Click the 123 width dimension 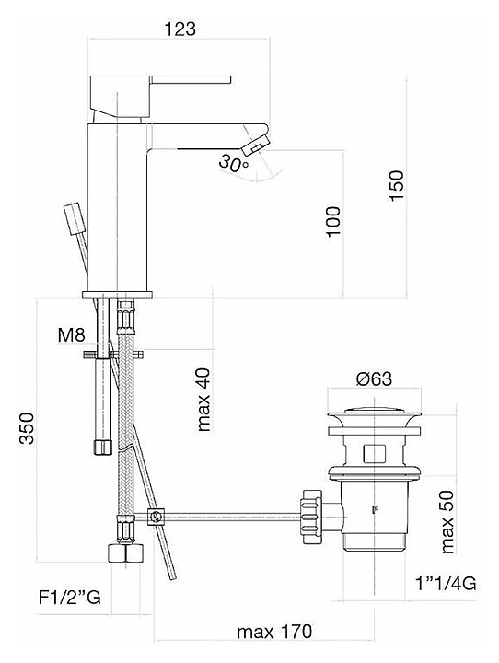point(180,29)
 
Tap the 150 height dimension point(397,186)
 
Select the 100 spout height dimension point(333,222)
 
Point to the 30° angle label point(233,164)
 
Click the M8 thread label point(72,335)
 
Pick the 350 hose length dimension point(27,428)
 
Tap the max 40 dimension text point(203,400)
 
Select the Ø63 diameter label point(374,378)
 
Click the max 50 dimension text point(447,522)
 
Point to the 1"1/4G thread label point(446,584)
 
